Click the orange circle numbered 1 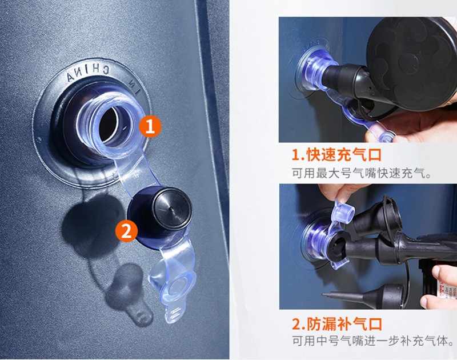(150, 126)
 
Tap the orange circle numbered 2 (126, 231)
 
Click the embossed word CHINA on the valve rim (88, 73)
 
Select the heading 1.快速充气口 (336, 154)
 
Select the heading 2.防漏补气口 (337, 324)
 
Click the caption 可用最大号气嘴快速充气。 (362, 174)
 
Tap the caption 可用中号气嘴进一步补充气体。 (374, 341)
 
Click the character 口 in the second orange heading (375, 324)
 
